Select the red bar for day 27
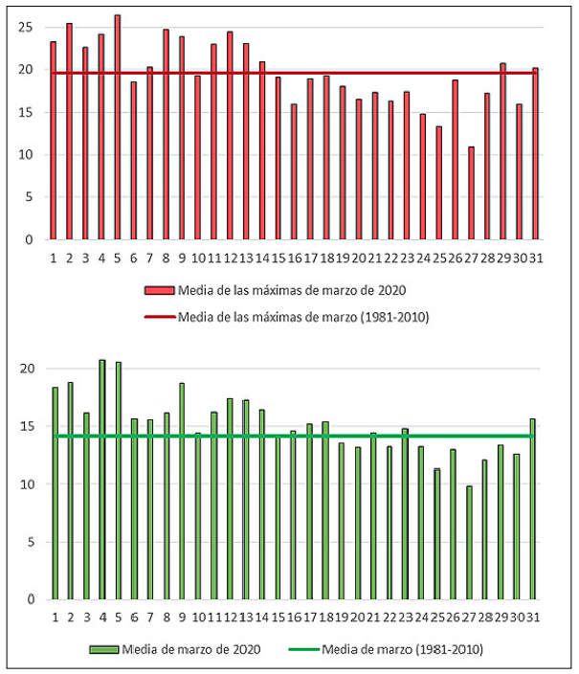click(471, 192)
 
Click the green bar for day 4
click(101, 480)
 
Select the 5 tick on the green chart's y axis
click(29, 542)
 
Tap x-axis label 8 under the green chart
click(166, 617)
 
